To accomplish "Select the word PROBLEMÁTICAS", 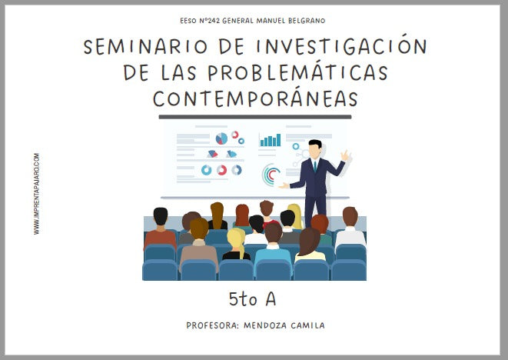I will point(306,73).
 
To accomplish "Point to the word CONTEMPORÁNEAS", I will point(255,99).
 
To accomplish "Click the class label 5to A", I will point(254,298).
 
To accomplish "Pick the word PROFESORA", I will point(211,325).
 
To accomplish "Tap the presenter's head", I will point(314,148).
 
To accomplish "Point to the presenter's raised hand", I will point(346,156).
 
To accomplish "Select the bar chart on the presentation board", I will point(270,140).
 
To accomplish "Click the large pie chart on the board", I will point(221,138).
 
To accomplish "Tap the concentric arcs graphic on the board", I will point(270,175).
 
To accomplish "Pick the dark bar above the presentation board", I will point(254,117).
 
